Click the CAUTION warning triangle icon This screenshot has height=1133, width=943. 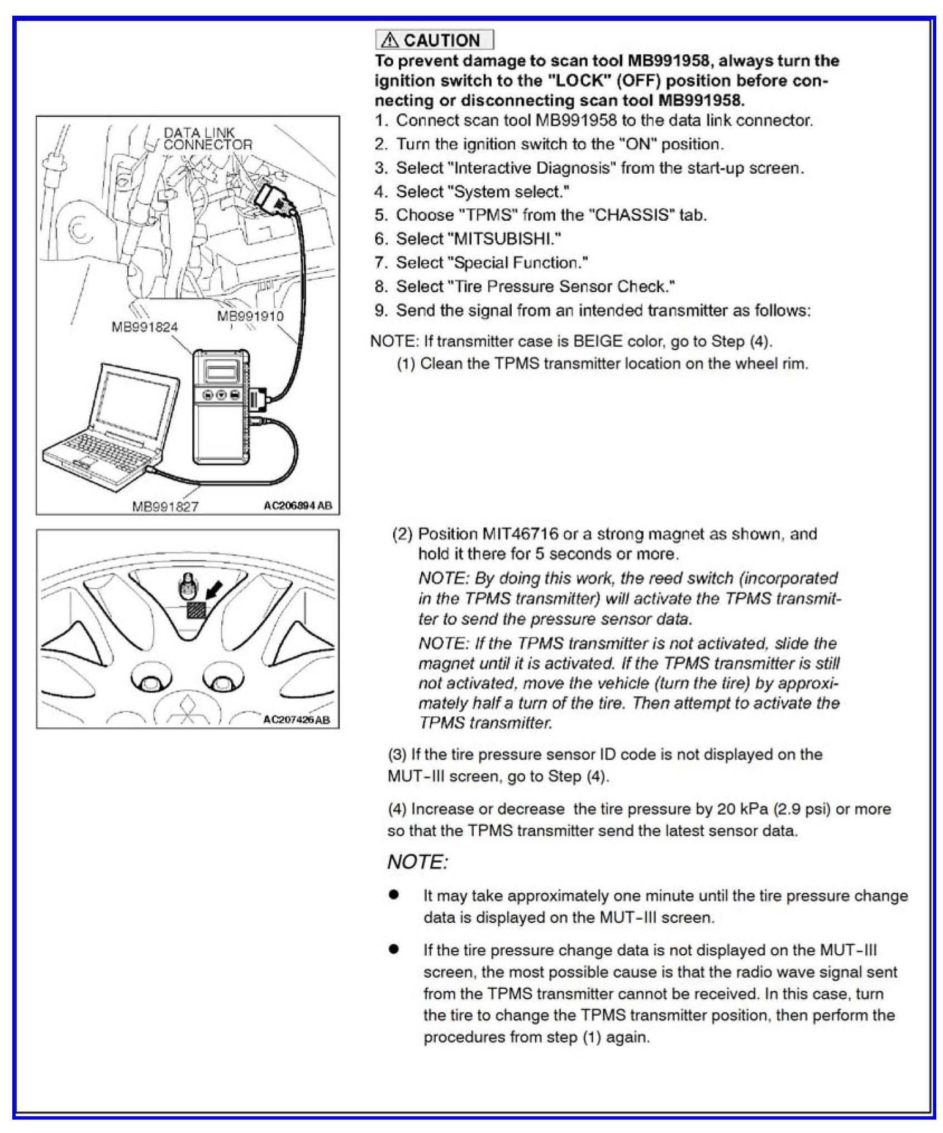390,40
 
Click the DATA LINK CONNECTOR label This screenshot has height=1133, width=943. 207,139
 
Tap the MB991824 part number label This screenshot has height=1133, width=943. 144,327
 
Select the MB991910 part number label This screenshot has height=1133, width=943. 250,316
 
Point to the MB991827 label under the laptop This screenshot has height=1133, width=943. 165,506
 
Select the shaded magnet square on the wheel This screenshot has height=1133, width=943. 196,610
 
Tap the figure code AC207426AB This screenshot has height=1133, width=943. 296,719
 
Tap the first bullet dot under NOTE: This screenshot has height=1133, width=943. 394,894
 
